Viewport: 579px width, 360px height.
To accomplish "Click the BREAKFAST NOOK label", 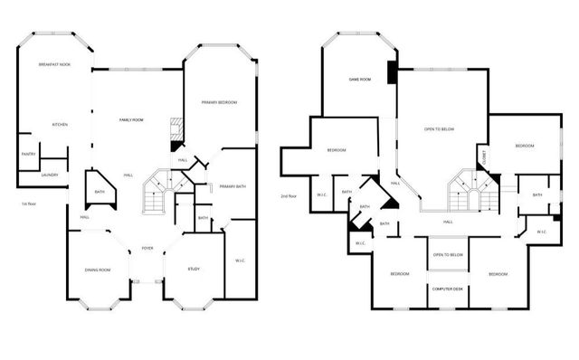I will coord(54,65).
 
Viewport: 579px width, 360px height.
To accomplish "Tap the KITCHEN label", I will coord(60,124).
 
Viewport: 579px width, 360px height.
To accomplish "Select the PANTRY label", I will coord(28,154).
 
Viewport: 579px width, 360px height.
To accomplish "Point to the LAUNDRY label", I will coord(50,175).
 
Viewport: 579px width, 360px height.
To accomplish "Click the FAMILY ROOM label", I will coord(133,120).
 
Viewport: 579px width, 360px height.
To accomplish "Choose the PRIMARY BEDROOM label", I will coord(219,102).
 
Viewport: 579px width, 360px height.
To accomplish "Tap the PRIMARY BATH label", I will coord(233,186).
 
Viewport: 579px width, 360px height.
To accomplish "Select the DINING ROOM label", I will coord(97,270).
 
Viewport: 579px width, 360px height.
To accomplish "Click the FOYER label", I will coord(147,249).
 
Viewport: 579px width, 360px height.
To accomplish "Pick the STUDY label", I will coord(194,270).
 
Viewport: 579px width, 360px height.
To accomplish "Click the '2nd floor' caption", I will coord(290,195).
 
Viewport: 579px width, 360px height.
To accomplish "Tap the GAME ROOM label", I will coord(360,80).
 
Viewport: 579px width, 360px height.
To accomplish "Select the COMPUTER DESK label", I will coord(447,289).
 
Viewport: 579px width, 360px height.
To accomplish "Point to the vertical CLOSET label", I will coord(485,156).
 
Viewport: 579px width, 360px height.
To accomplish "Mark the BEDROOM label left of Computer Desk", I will coord(399,274).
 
